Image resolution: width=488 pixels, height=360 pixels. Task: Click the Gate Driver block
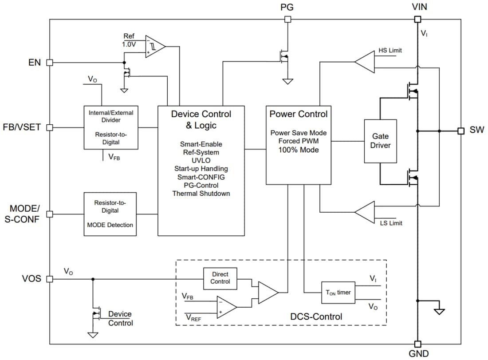[380, 141]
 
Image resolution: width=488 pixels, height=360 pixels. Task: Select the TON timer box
[338, 293]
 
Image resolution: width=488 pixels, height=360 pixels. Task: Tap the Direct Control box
[220, 278]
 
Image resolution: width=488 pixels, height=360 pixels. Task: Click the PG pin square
[287, 19]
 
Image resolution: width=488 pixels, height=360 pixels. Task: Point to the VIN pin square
[417, 19]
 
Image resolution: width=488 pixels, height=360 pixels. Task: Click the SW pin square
[461, 131]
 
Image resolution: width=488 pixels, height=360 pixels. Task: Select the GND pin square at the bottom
[417, 344]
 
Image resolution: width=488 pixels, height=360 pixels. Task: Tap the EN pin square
[50, 63]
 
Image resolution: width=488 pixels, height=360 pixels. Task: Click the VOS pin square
[50, 279]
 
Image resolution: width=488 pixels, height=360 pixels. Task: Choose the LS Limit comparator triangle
[365, 212]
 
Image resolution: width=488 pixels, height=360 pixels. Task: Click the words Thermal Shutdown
[201, 194]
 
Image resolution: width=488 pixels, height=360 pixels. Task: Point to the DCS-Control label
[316, 316]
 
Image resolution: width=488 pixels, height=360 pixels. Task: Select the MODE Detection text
[110, 225]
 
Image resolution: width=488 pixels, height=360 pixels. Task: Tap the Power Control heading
[299, 114]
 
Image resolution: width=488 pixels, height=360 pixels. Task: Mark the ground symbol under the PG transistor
[287, 81]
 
